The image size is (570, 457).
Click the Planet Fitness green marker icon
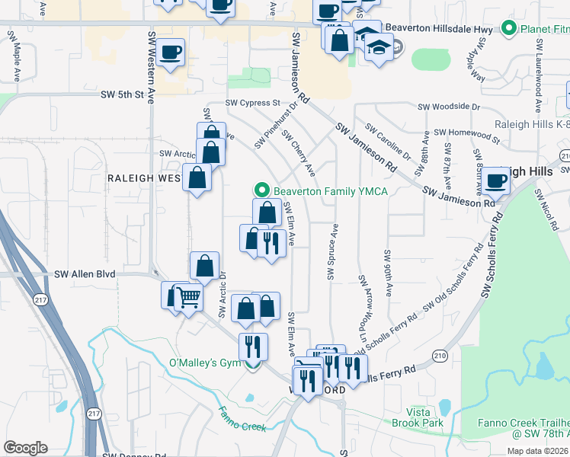[509, 30]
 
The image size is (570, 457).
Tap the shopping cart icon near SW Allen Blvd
[187, 297]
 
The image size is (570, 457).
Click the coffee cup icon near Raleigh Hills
[495, 181]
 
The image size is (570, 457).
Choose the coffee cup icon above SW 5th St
[171, 52]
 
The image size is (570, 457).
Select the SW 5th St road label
[122, 95]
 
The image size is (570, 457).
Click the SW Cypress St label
[252, 102]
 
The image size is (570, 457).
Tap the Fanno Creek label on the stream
[242, 421]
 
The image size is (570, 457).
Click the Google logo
[25, 448]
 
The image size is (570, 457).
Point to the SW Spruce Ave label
[331, 252]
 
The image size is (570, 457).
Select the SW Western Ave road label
[152, 69]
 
